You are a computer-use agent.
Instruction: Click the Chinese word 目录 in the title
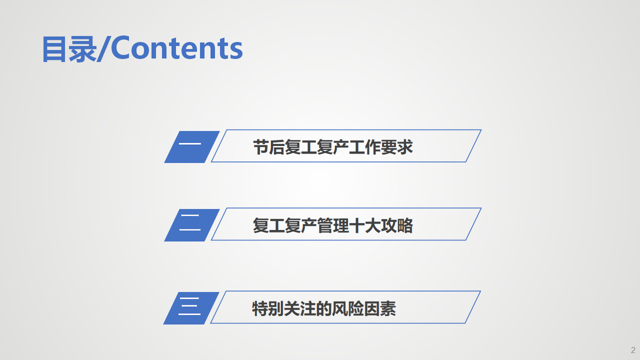click(x=69, y=49)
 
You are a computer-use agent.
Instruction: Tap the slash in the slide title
click(x=104, y=49)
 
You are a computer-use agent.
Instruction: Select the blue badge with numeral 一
click(x=192, y=147)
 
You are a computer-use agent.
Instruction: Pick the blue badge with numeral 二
click(x=192, y=225)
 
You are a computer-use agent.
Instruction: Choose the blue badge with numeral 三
click(x=191, y=308)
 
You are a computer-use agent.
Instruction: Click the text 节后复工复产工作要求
click(x=333, y=147)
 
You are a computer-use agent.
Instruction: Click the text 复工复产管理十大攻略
click(x=333, y=225)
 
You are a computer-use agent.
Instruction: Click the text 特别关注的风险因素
click(x=324, y=308)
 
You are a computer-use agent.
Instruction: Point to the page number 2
click(x=633, y=350)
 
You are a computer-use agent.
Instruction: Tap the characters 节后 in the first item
click(x=269, y=147)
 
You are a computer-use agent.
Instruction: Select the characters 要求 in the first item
click(x=397, y=147)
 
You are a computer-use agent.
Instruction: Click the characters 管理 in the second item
click(x=333, y=225)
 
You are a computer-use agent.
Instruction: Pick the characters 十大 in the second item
click(x=365, y=225)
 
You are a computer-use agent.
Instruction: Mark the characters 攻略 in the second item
click(x=397, y=225)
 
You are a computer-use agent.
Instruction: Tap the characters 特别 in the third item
click(x=267, y=308)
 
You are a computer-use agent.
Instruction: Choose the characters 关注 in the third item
click(x=299, y=308)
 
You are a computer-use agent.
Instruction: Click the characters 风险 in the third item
click(x=348, y=308)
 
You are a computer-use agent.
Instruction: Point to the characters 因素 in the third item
click(x=380, y=308)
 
